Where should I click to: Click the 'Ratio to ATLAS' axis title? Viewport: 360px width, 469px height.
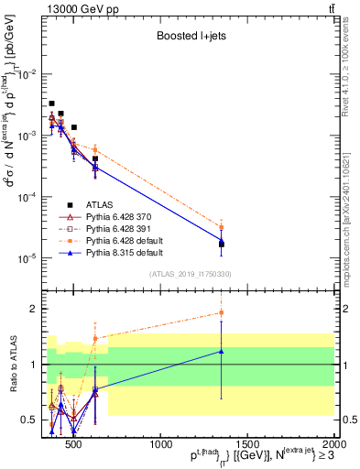click(x=12, y=365)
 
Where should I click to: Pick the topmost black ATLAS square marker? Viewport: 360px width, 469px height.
click(x=52, y=104)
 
